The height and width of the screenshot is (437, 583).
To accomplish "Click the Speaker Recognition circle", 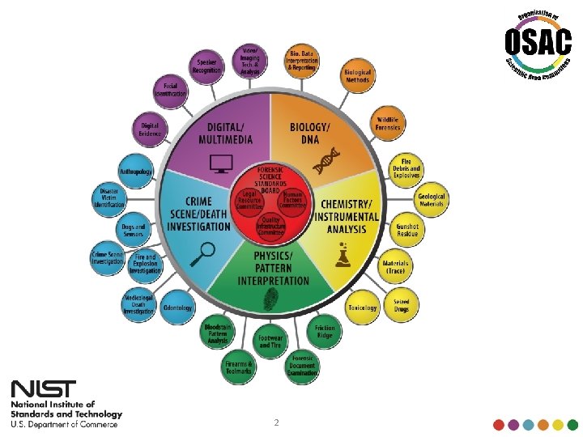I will pos(206,65).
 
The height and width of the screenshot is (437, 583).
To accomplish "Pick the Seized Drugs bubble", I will pos(401,305).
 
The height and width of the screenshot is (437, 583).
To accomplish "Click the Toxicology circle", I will pos(362,307).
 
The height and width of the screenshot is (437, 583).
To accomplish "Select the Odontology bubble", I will pos(177,308).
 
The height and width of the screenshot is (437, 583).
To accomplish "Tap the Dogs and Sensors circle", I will pos(134,230).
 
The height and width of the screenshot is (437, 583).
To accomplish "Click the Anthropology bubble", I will pos(135,172).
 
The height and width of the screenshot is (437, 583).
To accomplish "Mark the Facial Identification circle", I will pos(171,90).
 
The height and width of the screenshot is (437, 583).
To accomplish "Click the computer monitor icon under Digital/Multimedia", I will pos(219,166).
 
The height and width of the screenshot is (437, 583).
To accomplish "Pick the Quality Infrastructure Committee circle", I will pos(271,227).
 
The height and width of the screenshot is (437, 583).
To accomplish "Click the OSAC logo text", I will pos(531,41).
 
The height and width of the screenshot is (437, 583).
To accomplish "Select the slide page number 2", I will pos(275,422).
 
